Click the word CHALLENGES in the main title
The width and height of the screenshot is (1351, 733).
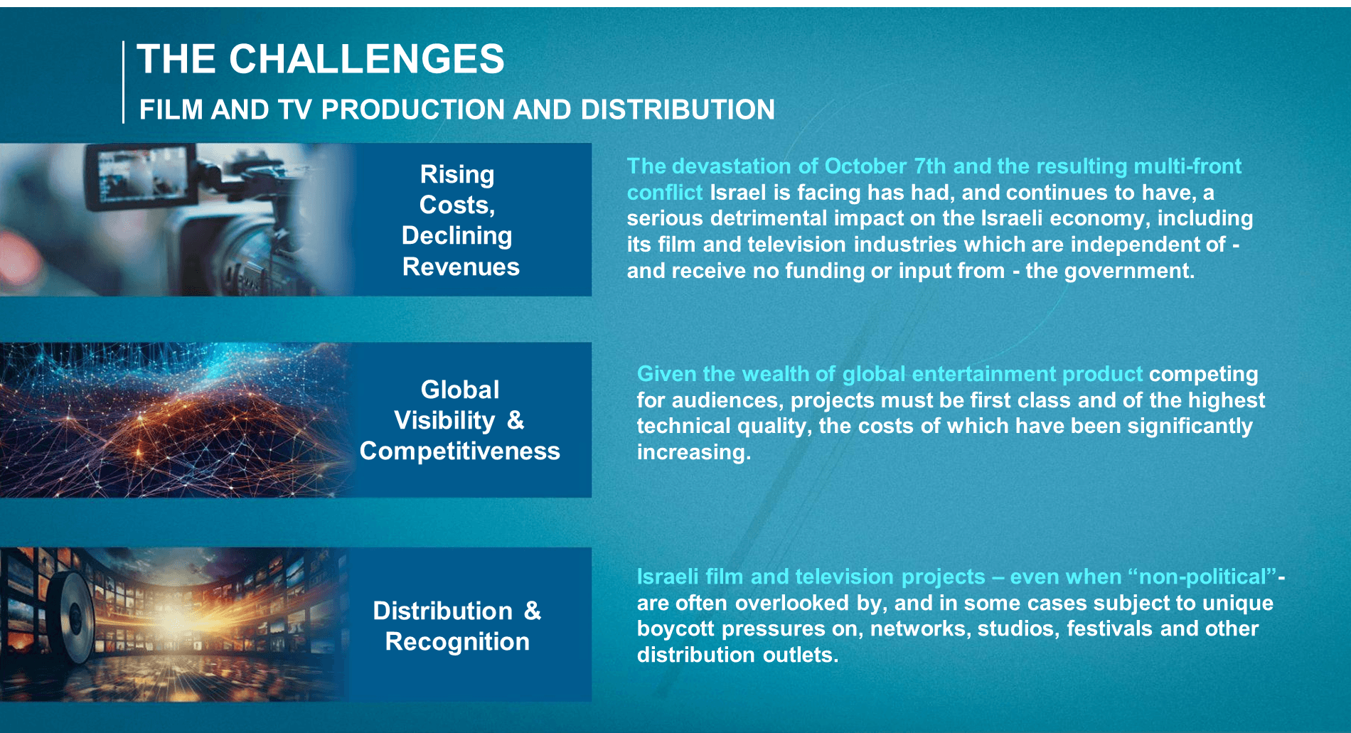point(366,58)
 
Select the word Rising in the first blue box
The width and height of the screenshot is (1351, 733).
point(457,175)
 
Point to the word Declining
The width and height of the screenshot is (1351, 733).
point(456,235)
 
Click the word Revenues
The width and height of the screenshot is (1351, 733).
point(461,267)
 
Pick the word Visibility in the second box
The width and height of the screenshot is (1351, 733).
point(444,420)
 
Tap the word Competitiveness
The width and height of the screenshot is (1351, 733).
point(460,451)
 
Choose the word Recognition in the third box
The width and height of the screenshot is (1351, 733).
point(457,641)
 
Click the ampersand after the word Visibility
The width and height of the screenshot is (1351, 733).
point(516,420)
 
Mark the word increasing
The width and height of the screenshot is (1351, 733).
point(693,452)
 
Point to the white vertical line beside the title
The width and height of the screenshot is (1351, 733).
point(123,82)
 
